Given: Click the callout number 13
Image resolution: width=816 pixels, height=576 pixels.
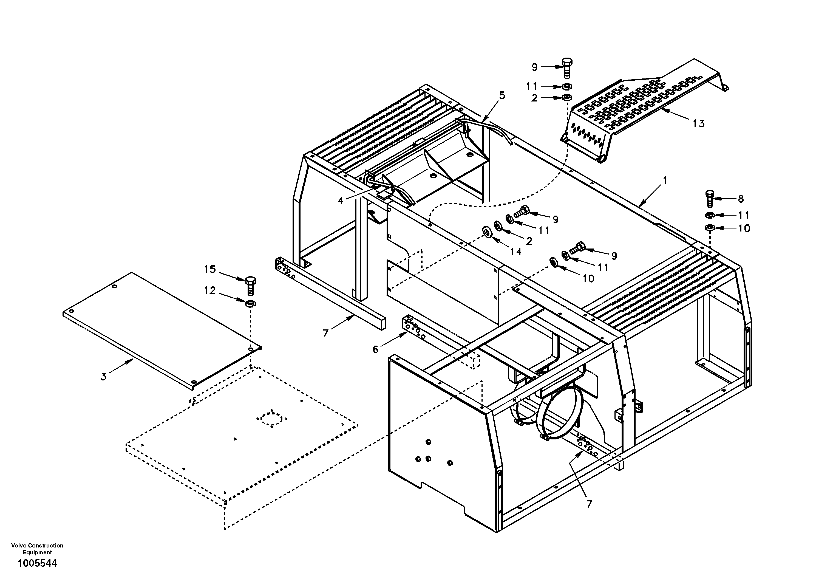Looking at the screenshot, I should tap(698, 124).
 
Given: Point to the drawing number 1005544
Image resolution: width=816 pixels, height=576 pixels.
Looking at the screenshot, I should tap(37, 563).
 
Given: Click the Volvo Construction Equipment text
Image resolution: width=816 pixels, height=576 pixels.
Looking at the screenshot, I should tap(37, 549).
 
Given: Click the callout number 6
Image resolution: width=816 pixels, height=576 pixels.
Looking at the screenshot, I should tap(376, 349).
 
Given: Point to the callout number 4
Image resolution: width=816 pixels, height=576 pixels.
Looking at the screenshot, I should tap(341, 201).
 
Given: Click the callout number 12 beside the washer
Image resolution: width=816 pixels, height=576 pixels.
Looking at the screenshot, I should tap(210, 290).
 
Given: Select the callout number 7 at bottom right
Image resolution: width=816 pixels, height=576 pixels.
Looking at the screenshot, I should tap(589, 504).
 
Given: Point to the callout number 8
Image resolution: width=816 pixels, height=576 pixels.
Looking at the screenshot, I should tap(741, 199).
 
